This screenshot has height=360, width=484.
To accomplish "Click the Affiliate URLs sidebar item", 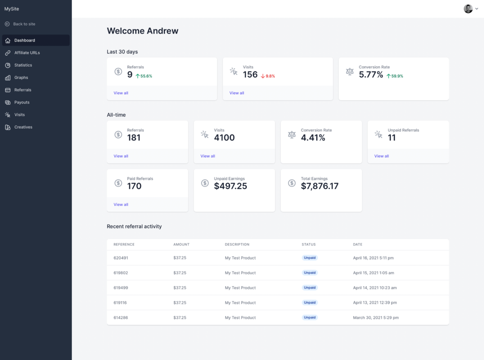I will [27, 53].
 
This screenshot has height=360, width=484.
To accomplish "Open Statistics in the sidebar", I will [23, 65].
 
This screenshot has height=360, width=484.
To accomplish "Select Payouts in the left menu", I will [22, 102].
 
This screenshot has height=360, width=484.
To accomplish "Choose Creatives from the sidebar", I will [23, 127].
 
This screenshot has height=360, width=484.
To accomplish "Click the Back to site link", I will [24, 24].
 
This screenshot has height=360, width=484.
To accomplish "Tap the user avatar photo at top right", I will [468, 9].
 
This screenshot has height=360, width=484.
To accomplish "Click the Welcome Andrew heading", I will [143, 31].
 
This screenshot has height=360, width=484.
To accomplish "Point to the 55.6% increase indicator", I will [144, 76].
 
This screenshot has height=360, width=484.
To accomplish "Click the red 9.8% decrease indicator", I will [268, 76].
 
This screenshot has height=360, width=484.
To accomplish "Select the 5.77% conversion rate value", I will [371, 75].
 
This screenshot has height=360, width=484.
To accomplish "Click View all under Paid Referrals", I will [121, 205].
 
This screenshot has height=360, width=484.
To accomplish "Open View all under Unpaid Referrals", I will [381, 156].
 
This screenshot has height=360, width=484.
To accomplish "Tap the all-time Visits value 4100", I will [224, 138].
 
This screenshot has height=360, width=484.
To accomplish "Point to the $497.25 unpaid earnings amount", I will [230, 186].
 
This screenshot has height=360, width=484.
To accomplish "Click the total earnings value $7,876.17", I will [320, 186].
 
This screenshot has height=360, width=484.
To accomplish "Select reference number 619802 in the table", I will [121, 273].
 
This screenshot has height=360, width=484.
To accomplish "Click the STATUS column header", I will [309, 245].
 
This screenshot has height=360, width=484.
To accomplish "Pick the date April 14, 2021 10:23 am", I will [375, 288].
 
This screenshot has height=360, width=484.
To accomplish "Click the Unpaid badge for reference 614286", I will [310, 317].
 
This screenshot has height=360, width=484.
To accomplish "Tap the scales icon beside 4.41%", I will [292, 135].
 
